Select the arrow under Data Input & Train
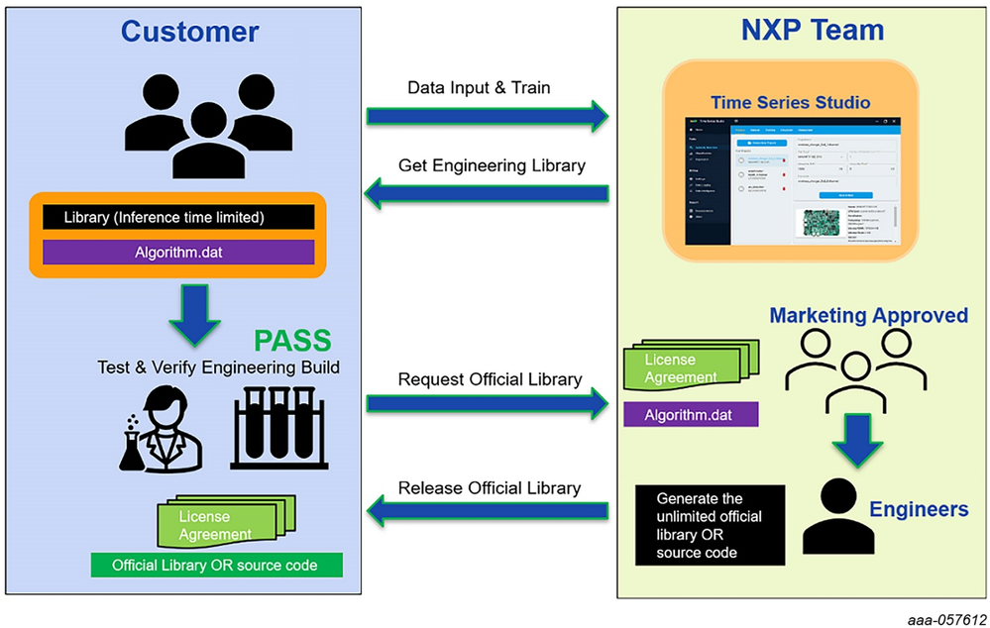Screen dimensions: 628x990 488,116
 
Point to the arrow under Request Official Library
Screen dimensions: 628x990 488,402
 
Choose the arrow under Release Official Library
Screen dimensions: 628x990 488,511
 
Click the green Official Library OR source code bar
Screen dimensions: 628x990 215,566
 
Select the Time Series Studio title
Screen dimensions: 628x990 790,103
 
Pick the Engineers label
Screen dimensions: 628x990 919,510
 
